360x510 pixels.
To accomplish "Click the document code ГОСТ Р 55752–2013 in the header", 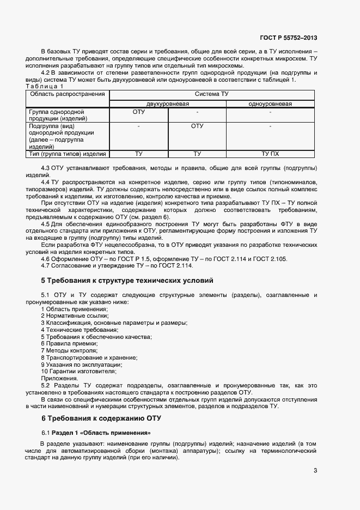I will [x=288, y=38].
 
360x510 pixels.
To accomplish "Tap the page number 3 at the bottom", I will [x=315, y=471].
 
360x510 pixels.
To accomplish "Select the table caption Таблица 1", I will [x=45, y=87].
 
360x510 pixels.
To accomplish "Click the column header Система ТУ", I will [x=212, y=94].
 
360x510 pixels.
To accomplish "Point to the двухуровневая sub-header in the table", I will [x=168, y=104].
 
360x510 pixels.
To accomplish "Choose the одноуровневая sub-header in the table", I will [x=270, y=104].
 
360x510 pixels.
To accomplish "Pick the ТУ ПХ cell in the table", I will [x=270, y=154].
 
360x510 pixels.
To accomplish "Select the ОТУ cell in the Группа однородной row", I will [x=139, y=112].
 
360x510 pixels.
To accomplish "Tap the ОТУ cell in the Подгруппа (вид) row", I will [x=197, y=126].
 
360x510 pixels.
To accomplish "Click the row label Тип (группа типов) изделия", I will [x=68, y=154].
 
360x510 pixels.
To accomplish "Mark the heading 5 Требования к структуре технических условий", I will [x=127, y=280].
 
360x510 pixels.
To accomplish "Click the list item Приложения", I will [x=59, y=378].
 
